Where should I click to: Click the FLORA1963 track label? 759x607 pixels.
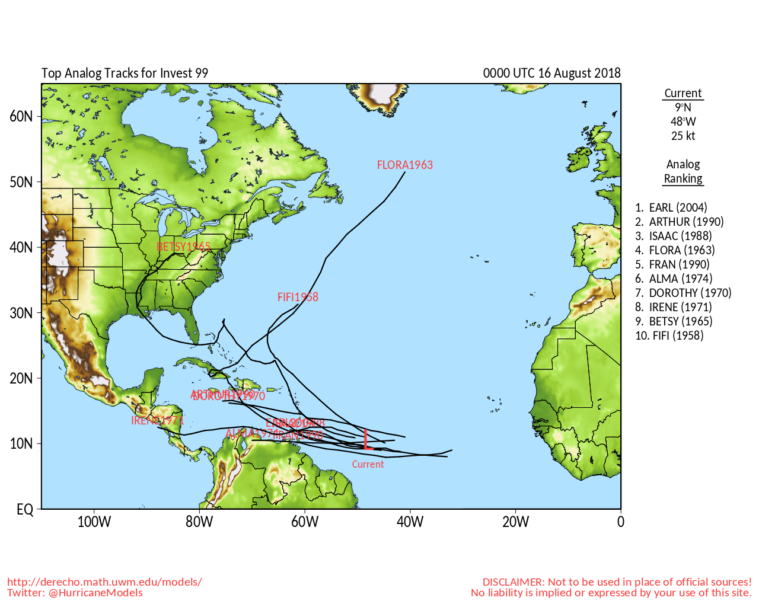point(405,165)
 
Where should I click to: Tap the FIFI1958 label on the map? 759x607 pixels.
point(298,297)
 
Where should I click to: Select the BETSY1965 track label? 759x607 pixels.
point(183,247)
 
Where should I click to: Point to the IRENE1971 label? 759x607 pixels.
point(157,420)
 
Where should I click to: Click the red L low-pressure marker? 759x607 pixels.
point(367,439)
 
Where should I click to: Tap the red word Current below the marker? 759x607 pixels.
point(368,464)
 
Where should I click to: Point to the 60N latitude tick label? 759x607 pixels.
point(21,116)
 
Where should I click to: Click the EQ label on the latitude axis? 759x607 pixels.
point(25,510)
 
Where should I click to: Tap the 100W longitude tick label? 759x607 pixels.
point(94,522)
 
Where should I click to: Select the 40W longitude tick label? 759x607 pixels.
point(410,522)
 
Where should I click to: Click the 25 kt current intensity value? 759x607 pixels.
point(683,136)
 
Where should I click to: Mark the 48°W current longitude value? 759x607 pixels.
point(683,122)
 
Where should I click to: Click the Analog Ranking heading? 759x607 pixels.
point(683,171)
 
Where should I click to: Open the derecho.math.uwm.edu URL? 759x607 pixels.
point(104,582)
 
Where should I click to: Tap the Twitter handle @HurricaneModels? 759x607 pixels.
point(95,593)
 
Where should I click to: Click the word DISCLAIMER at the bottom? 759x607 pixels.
point(514,582)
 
